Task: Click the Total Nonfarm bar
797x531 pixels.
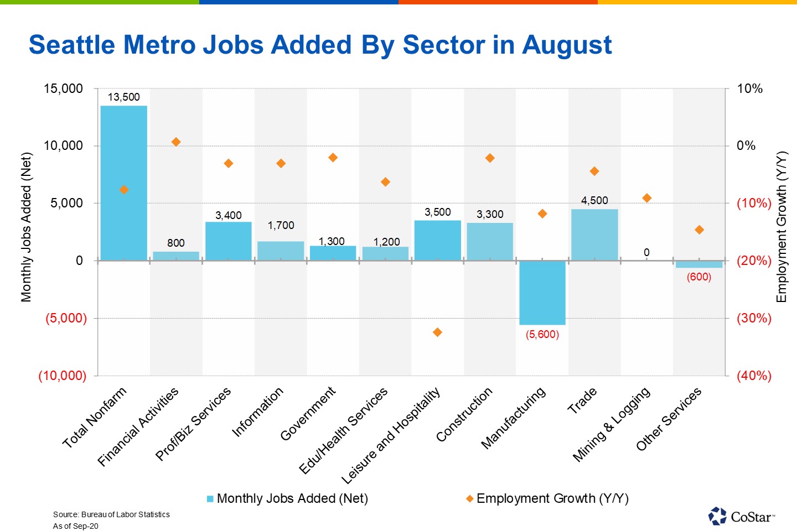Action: tap(123, 183)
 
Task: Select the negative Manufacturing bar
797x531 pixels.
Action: tap(542, 292)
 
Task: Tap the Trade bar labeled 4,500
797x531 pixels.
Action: tap(594, 235)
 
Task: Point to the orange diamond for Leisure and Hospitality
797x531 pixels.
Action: tap(437, 332)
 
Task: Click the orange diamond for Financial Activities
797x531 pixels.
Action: tap(176, 142)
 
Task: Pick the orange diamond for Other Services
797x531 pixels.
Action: tap(699, 230)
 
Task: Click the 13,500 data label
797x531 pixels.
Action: tap(123, 97)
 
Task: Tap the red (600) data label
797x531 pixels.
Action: tap(698, 277)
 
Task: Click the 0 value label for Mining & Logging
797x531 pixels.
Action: tap(646, 253)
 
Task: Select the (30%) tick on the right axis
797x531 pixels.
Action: tap(753, 318)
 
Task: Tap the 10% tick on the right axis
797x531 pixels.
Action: tap(749, 88)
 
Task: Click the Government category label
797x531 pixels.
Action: tap(308, 414)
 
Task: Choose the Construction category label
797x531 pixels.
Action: tap(464, 415)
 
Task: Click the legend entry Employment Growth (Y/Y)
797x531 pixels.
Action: tap(552, 498)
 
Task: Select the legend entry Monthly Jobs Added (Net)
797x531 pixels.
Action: tap(292, 498)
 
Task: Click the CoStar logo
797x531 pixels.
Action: tap(741, 516)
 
